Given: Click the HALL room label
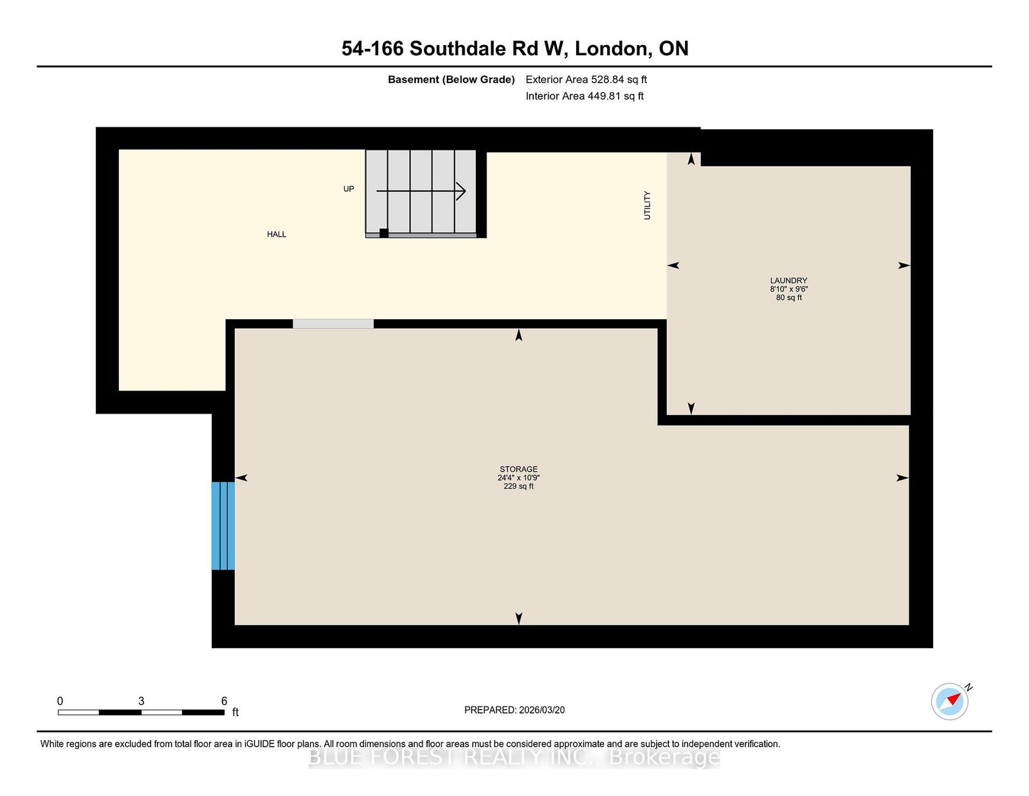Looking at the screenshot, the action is pos(277,234).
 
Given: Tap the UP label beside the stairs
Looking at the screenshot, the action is pos(349,189).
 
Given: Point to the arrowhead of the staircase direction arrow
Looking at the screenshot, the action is pos(461,191).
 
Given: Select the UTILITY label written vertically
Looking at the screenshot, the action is pos(647,205).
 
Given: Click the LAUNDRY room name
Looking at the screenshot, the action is pos(788,281).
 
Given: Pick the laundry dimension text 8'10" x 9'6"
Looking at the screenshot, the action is pos(788,289).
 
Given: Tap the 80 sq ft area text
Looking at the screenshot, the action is pos(789,297).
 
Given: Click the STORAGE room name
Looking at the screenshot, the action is pos(518,469).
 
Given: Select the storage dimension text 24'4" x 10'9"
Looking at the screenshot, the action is pos(518,477).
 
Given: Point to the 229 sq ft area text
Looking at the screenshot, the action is pos(518,486).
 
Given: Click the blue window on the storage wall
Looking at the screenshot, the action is pos(223,526).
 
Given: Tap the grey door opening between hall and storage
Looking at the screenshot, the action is pos(333,324).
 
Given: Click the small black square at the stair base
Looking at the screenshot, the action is pos(383,233).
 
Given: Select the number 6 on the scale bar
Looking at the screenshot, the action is pos(224,701).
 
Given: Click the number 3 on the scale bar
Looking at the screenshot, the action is pos(141,701).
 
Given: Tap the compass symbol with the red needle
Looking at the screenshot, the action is pos(949,701).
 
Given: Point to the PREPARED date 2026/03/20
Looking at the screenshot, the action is pos(542,710).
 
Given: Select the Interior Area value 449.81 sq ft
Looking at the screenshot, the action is pos(615,96).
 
